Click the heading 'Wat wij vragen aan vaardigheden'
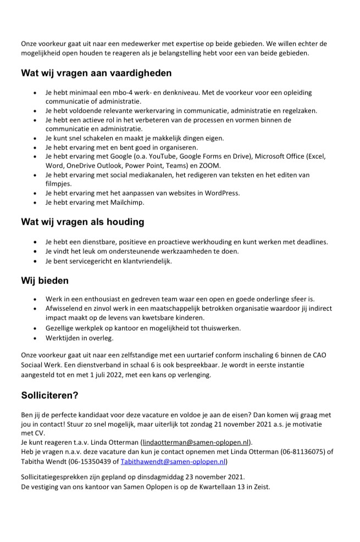point(96,72)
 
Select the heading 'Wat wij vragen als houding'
point(82,222)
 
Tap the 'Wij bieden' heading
point(45,281)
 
